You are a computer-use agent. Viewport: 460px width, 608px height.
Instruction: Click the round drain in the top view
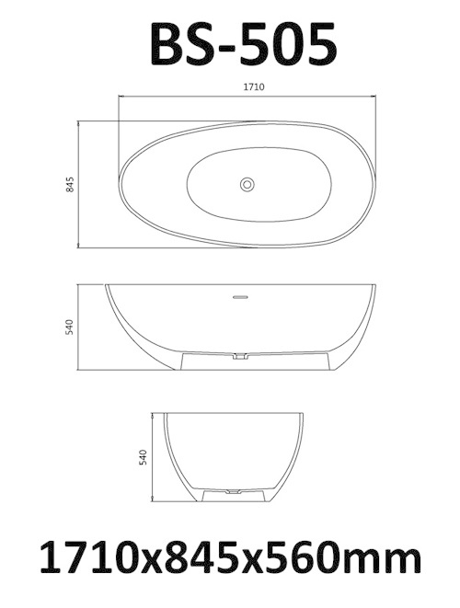coord(247,184)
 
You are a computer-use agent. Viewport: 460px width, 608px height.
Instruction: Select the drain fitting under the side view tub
coord(240,355)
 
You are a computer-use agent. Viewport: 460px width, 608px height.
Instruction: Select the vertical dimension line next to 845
coord(80,184)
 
